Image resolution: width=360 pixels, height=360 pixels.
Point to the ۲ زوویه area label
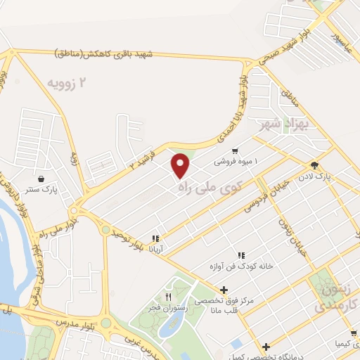(x=70, y=84)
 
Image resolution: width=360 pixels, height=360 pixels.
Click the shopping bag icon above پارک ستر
(x=44, y=179)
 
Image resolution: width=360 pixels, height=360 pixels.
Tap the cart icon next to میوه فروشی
(x=234, y=150)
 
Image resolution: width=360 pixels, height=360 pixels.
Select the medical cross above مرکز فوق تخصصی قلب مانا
(x=224, y=290)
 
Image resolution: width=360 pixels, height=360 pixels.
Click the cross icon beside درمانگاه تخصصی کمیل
(x=266, y=346)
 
